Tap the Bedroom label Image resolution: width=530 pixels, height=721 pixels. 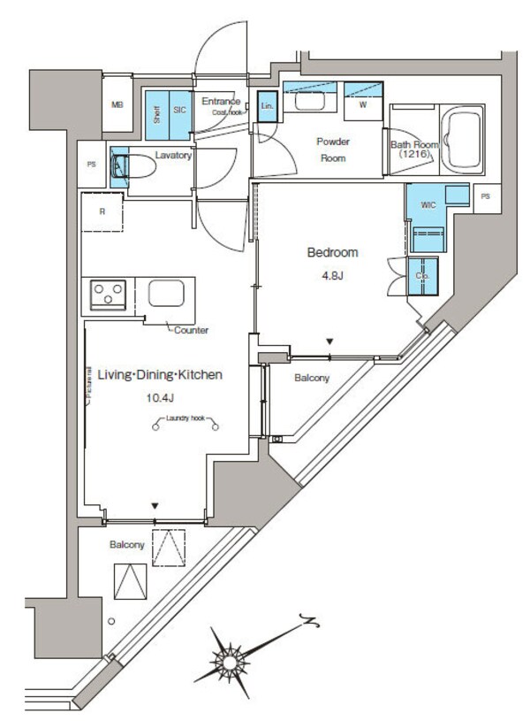pyautogui.click(x=332, y=253)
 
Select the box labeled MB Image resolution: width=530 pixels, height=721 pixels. pyautogui.click(x=117, y=105)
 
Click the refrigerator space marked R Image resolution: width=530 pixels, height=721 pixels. pyautogui.click(x=104, y=212)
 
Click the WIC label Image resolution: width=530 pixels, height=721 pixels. pyautogui.click(x=428, y=205)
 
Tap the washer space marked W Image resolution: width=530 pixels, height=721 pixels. pyautogui.click(x=363, y=104)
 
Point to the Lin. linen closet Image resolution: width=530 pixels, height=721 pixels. pyautogui.click(x=267, y=105)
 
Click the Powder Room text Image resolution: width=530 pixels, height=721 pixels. pyautogui.click(x=333, y=150)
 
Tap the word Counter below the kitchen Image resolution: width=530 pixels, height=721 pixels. pyautogui.click(x=191, y=330)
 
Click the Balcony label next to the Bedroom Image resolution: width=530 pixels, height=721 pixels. pyautogui.click(x=311, y=378)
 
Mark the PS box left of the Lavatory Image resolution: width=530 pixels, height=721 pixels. pyautogui.click(x=91, y=165)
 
